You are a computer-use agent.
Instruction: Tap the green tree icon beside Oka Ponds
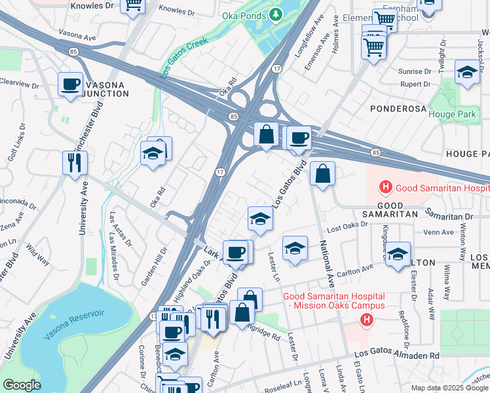(x=276, y=14)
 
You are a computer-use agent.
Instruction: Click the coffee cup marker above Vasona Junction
(x=70, y=84)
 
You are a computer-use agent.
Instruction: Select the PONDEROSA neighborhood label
(x=398, y=108)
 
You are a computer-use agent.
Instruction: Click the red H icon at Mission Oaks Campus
(x=367, y=319)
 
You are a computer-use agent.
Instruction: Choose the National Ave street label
(x=323, y=263)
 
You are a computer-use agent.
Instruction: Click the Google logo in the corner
(x=22, y=385)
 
